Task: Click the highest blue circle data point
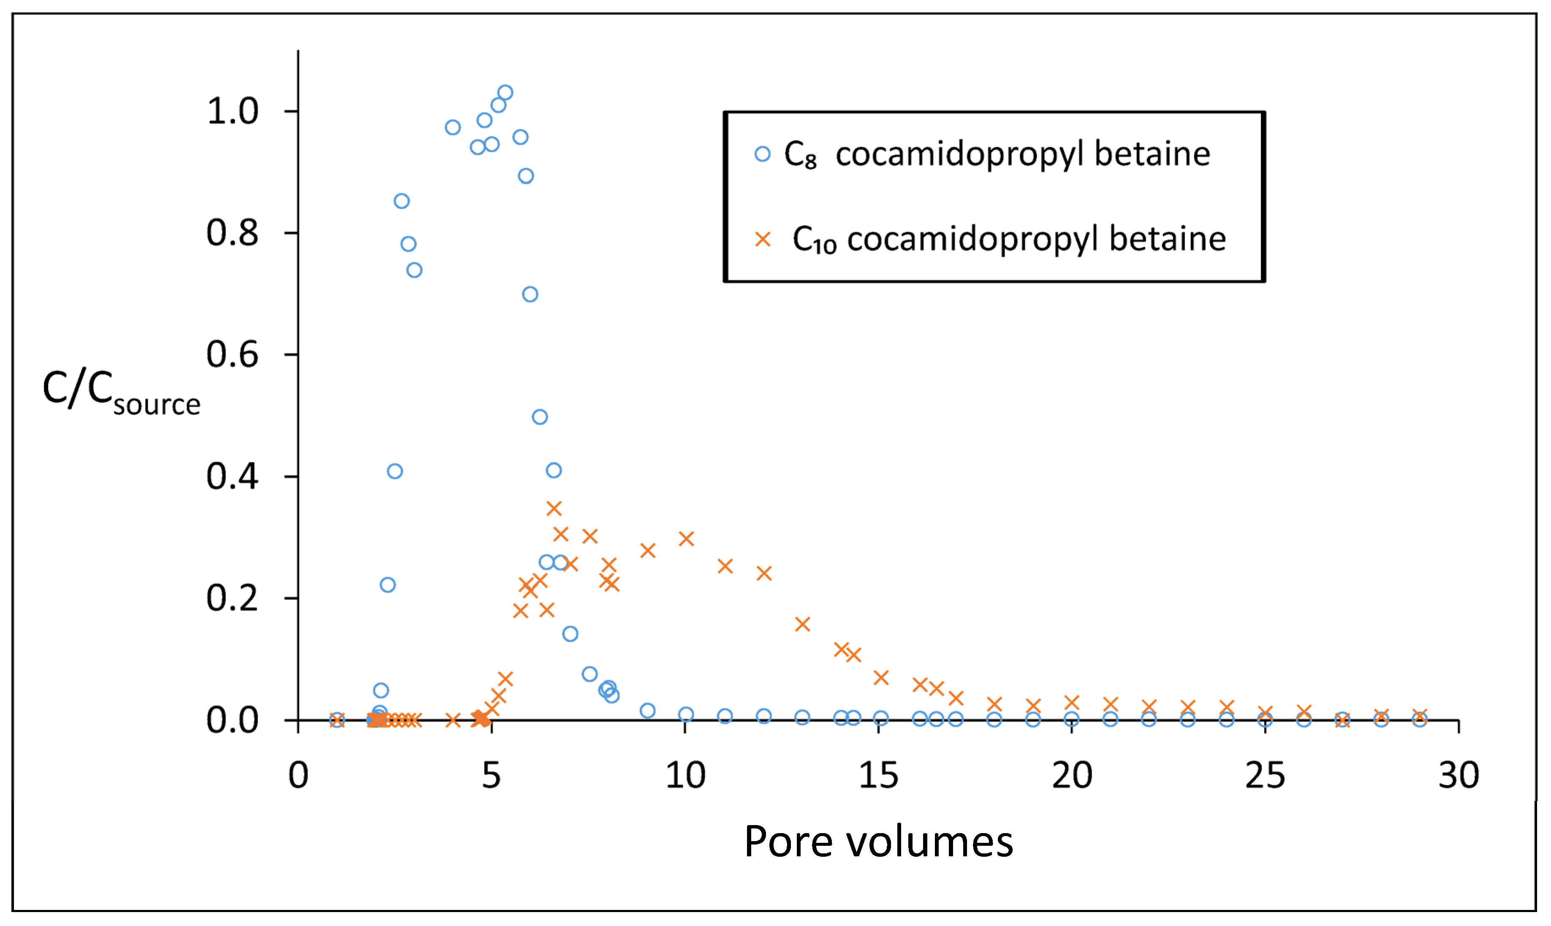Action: [505, 93]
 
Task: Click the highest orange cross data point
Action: [554, 508]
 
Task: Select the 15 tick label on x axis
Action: [878, 776]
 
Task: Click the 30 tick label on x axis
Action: [1459, 776]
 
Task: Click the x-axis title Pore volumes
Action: [878, 842]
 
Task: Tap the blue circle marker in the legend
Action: [762, 154]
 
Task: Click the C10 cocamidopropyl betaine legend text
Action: [1009, 239]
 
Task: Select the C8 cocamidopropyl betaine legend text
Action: [997, 154]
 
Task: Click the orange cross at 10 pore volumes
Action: [686, 538]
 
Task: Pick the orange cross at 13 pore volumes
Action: [802, 624]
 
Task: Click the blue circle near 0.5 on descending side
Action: [540, 417]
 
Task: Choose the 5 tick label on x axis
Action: [491, 776]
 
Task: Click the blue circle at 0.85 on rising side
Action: [401, 201]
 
